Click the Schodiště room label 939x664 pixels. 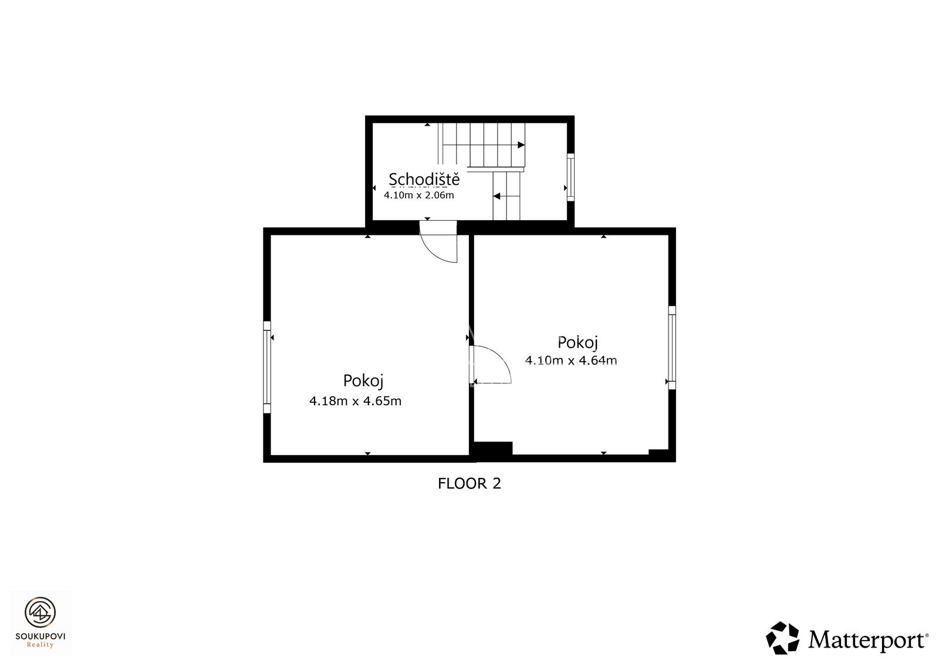point(424,180)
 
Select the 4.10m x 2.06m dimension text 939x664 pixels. point(419,195)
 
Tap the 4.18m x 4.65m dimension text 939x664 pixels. point(356,401)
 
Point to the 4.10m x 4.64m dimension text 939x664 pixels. point(571,360)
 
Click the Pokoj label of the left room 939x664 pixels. point(363,381)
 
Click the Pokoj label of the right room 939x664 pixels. point(577,343)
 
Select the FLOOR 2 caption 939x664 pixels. point(469,484)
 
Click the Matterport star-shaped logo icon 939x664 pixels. point(782,638)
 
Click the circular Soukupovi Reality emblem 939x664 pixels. point(40,612)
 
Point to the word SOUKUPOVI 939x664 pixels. point(40,636)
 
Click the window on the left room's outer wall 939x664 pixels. point(267,368)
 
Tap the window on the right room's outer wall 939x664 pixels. point(672,348)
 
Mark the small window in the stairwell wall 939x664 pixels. point(570,177)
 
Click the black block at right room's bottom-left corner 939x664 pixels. point(493,449)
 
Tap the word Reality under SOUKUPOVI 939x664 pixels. point(40,645)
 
